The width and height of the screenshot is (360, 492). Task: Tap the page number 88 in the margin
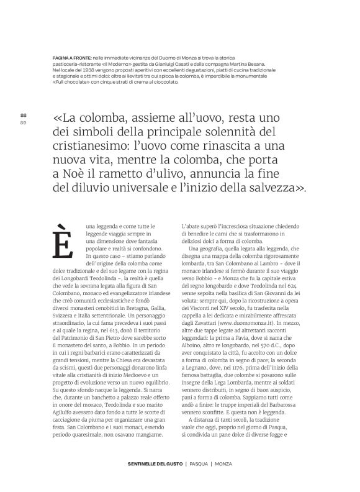[x=24, y=116]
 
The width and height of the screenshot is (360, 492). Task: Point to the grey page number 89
[x=24, y=122]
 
